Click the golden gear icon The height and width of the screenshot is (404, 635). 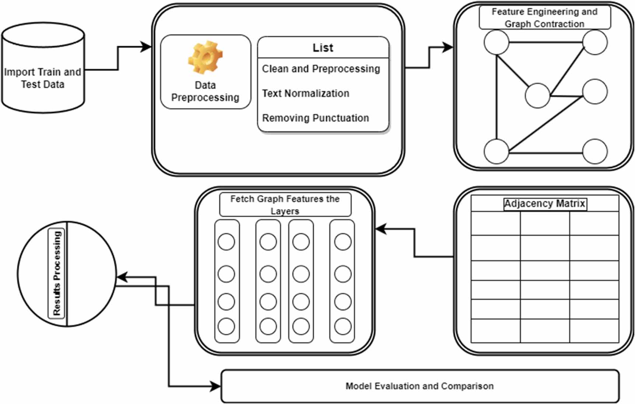coord(205,57)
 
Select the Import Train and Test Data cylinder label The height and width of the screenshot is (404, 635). coord(42,78)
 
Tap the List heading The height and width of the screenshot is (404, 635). coord(323,48)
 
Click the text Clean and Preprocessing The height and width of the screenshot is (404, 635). coord(321,69)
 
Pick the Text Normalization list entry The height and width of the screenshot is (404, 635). coord(305,93)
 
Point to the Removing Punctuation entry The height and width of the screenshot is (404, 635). coord(315,118)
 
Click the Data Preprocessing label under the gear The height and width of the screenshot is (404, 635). coord(205,91)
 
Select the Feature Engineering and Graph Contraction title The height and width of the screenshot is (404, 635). coord(544,18)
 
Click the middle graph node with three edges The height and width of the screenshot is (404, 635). coord(537,96)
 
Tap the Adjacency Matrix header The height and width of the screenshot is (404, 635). coord(544,204)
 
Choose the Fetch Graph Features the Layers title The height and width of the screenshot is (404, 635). coord(285,205)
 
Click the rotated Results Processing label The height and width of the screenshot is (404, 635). coord(56,273)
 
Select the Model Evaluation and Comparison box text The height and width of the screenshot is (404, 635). coord(419,386)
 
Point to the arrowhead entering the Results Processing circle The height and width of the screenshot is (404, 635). coord(122,277)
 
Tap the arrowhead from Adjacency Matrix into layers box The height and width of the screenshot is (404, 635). coord(380,229)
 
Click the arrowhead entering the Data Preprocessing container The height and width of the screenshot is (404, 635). coord(146,47)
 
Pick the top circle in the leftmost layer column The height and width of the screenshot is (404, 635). coord(226,242)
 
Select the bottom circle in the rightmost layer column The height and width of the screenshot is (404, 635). coord(343,326)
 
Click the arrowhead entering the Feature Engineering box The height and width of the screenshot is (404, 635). coord(448,47)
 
